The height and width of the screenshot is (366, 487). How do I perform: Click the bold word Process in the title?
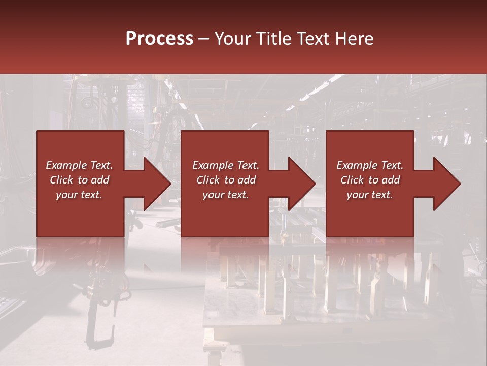pos(159,39)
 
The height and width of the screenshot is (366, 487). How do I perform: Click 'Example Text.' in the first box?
pos(79,165)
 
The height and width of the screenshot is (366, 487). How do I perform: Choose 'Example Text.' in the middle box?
pos(226,165)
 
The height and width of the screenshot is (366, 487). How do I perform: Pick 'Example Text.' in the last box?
pos(370,165)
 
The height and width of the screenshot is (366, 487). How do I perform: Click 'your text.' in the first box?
pos(79,195)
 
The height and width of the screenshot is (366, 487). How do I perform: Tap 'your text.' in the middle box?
pos(226,195)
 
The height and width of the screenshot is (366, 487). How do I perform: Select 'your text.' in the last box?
pos(370,195)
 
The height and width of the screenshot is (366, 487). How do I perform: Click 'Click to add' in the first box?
pos(79,180)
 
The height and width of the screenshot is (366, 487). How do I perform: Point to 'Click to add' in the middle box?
pos(226,180)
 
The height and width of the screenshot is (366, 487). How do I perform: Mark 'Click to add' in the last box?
pos(370,180)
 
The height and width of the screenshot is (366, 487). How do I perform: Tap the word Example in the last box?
pos(357,165)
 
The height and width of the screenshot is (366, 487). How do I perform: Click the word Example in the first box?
pos(66,165)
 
